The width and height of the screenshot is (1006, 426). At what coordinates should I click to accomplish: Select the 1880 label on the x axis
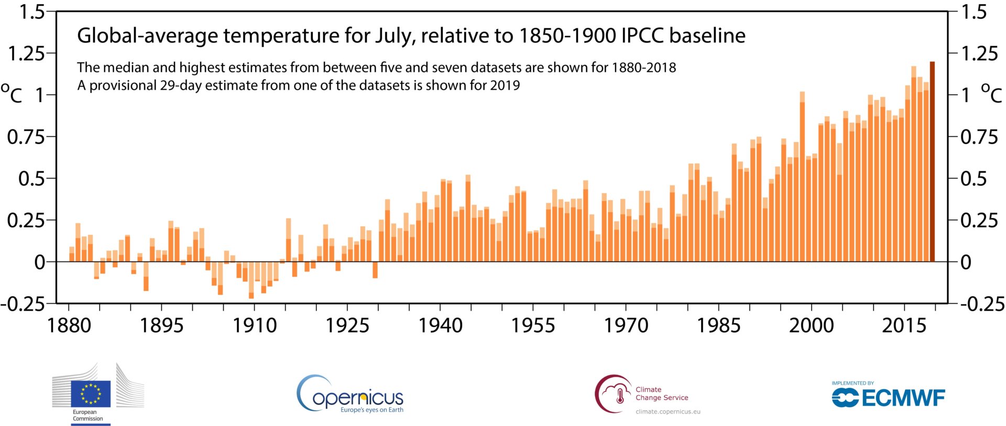pyautogui.click(x=69, y=326)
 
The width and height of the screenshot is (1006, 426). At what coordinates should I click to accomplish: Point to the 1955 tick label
pyautogui.click(x=533, y=326)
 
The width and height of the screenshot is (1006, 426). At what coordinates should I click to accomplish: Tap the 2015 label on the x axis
pyautogui.click(x=904, y=326)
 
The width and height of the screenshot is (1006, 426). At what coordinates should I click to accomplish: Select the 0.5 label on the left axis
pyautogui.click(x=31, y=179)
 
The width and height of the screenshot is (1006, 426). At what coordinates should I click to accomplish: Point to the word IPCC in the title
pyautogui.click(x=642, y=36)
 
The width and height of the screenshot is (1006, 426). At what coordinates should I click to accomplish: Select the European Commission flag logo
pyautogui.click(x=91, y=394)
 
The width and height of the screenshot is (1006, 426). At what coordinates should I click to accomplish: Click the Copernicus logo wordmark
pyautogui.click(x=358, y=398)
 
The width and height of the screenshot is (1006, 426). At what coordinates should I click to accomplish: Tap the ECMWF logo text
pyautogui.click(x=903, y=398)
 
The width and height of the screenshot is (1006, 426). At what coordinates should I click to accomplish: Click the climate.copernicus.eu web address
pyautogui.click(x=668, y=412)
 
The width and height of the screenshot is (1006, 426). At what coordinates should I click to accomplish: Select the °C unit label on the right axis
pyautogui.click(x=991, y=94)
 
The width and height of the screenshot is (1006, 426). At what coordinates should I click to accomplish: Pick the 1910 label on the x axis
pyautogui.click(x=255, y=326)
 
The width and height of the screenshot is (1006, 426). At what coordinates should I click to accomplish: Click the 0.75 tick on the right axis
pyautogui.click(x=979, y=137)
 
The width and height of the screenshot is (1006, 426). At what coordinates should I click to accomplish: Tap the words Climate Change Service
pyautogui.click(x=662, y=394)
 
